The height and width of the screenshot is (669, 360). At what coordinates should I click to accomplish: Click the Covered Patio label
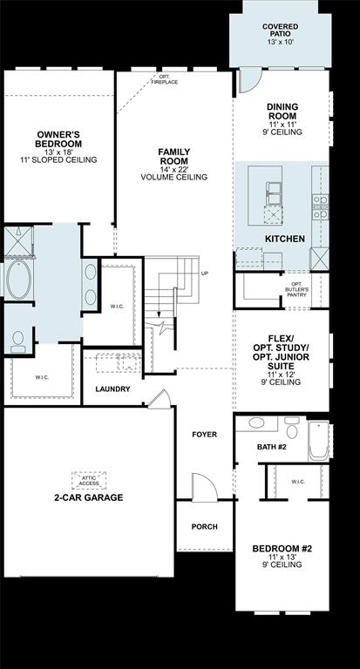280,34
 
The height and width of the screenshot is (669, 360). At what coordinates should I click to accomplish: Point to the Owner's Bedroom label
58,144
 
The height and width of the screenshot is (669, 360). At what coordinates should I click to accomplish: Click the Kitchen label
284,238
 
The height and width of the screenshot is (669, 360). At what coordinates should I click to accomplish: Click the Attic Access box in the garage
88,480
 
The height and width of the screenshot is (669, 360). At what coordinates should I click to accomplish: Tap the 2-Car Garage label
89,498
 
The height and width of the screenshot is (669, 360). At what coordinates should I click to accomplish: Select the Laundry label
113,389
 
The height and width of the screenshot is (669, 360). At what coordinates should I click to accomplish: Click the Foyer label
204,434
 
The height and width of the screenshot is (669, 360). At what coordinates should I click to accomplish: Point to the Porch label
204,527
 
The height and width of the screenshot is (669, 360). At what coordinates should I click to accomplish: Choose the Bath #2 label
271,447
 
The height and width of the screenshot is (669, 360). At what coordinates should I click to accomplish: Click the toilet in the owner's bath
17,341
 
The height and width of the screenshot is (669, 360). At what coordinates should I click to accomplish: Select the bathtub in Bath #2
317,439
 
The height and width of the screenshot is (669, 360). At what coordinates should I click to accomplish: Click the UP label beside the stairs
205,274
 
